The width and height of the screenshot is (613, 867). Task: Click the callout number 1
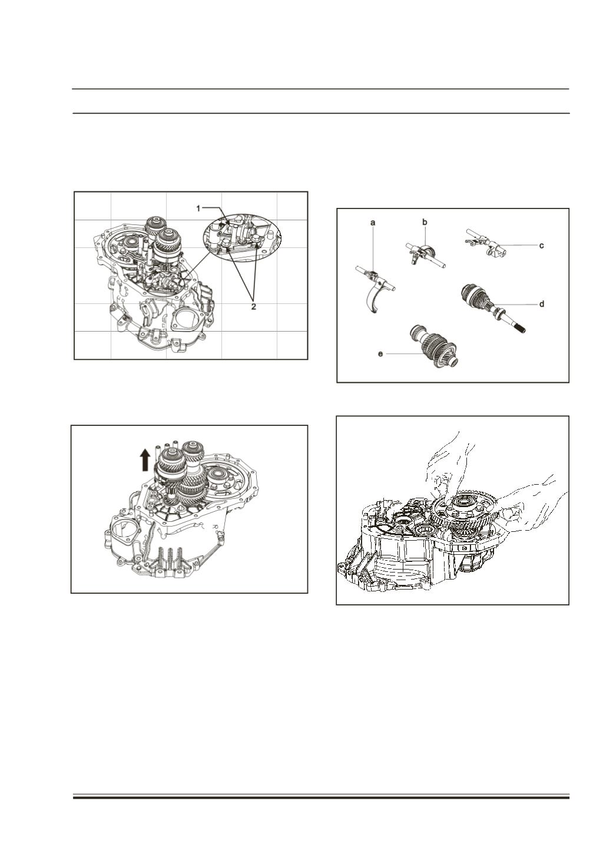tap(198, 209)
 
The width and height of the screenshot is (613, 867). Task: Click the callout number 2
tap(253, 306)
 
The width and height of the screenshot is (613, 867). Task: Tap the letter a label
tap(373, 223)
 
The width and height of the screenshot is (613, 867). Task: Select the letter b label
tap(425, 222)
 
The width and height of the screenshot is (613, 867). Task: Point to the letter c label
tap(542, 246)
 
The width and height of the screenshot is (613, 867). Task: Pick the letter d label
tap(542, 304)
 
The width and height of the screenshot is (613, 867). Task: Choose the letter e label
tap(380, 354)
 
